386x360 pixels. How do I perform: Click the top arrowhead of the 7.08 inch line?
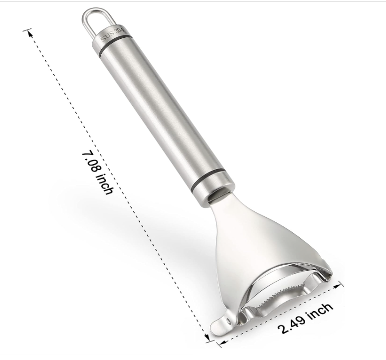[x=30, y=33]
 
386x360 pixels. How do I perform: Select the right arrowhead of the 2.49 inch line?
[x=339, y=286]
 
